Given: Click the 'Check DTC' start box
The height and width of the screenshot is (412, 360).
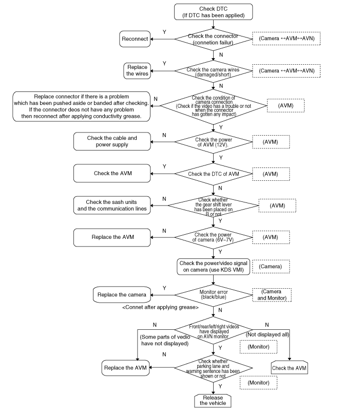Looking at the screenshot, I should (x=214, y=12).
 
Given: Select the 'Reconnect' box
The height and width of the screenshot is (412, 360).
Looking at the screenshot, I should (x=135, y=39).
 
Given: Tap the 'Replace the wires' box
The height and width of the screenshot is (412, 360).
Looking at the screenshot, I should (x=137, y=70).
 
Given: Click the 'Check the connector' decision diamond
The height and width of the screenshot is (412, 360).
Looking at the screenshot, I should (x=214, y=39).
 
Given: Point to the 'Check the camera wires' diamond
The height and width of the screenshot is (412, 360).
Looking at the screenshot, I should (x=214, y=70).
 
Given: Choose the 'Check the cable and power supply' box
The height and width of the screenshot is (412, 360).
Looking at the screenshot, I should (x=112, y=141).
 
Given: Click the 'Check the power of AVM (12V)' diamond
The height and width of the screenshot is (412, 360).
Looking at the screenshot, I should (x=214, y=141).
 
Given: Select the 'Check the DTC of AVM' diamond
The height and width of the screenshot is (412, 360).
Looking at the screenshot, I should (x=214, y=174).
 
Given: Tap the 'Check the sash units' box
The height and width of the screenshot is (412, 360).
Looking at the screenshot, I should (x=112, y=204).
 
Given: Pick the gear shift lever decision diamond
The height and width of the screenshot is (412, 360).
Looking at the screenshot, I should (x=214, y=205).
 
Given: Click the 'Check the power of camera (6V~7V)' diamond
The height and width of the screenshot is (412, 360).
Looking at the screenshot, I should (x=214, y=237).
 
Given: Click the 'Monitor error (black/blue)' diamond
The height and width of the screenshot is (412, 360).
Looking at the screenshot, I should (x=214, y=295).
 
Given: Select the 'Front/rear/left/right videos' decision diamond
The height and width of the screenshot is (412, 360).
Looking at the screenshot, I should (x=214, y=332).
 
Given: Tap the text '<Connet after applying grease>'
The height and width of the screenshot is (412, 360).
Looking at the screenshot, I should (x=161, y=307).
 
